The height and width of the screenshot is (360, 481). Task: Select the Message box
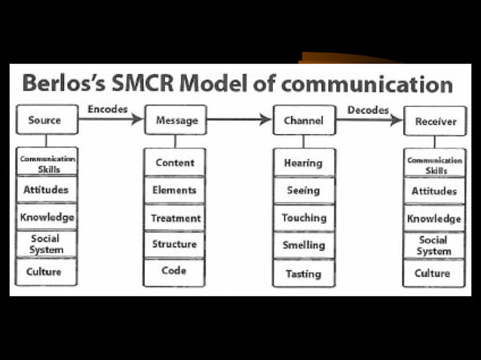click(176, 121)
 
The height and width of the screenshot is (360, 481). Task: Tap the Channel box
click(304, 121)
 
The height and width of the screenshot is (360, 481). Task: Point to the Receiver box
click(435, 121)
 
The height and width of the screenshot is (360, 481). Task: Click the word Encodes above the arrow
click(108, 109)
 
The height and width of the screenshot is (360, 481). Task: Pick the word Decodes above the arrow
click(368, 110)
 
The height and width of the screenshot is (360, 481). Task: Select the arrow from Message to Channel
click(239, 119)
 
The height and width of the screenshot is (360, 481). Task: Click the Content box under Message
click(175, 163)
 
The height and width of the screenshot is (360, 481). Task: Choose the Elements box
click(175, 191)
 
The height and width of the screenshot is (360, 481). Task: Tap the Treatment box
click(175, 218)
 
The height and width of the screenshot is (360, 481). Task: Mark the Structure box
click(175, 244)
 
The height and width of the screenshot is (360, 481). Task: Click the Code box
click(174, 271)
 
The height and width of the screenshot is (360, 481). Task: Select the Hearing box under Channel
click(304, 163)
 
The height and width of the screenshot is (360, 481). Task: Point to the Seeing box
click(304, 191)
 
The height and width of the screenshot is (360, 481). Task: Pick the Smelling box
click(304, 245)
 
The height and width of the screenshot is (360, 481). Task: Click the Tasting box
click(304, 273)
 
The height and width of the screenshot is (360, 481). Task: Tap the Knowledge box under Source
click(47, 217)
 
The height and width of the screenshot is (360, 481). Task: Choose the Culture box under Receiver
click(434, 273)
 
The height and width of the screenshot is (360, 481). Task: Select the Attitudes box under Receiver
click(434, 191)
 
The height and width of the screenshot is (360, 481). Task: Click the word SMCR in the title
click(150, 83)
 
